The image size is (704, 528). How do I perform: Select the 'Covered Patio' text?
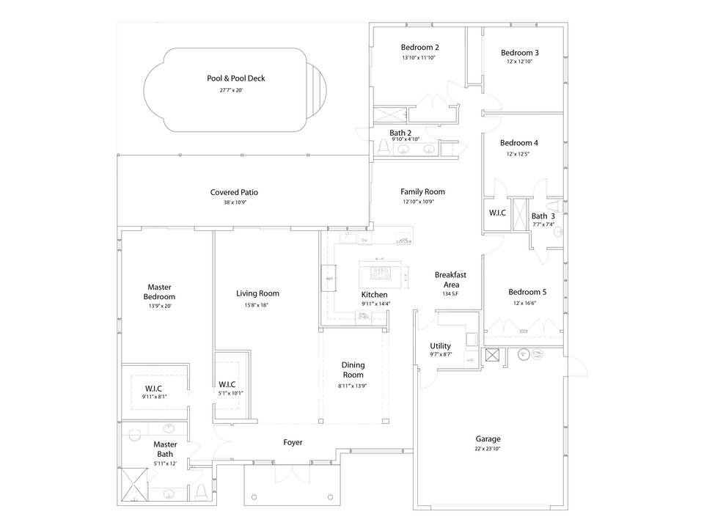(x=234, y=192)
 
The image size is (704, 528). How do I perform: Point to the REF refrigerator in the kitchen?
(x=329, y=279)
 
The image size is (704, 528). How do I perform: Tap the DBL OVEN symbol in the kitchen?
(x=363, y=316)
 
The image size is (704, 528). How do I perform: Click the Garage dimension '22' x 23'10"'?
(x=488, y=450)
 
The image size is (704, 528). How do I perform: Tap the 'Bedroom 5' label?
(x=527, y=292)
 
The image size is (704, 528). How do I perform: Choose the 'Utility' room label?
(x=441, y=346)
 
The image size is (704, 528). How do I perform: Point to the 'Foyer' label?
(x=293, y=442)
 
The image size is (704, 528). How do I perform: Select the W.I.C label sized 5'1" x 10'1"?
(x=227, y=384)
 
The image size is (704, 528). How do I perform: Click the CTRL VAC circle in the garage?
(x=538, y=354)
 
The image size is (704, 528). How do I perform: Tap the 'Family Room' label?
(x=422, y=191)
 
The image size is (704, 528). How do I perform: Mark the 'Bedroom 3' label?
(x=520, y=53)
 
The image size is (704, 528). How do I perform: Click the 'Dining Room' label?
(x=353, y=370)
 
